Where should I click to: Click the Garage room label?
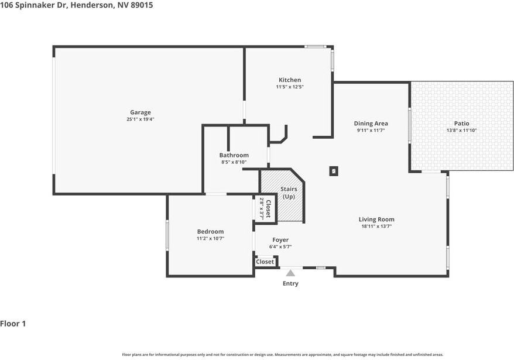141,112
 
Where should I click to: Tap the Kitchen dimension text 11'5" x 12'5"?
290,87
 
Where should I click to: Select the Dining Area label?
371,124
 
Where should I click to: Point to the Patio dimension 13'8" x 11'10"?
462,131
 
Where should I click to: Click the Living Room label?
376,220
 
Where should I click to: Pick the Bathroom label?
234,155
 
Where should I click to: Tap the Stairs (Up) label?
289,193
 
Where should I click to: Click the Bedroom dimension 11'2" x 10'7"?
210,238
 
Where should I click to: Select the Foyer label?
280,240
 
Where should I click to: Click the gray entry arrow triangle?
290,272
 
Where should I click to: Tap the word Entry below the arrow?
290,284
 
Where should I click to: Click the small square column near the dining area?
334,171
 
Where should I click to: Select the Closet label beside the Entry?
265,262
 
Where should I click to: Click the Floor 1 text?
13,324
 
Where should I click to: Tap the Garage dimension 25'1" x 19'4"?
141,119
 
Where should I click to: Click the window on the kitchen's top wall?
316,47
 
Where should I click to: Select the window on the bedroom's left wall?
168,235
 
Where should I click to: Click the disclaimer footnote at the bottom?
282,354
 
